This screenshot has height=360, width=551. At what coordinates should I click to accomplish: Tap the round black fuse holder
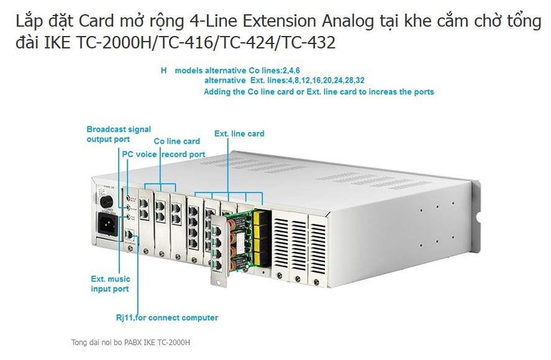click(x=104, y=201)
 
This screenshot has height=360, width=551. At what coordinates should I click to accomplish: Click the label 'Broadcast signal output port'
click(x=119, y=134)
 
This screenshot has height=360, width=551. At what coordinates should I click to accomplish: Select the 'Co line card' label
click(x=176, y=142)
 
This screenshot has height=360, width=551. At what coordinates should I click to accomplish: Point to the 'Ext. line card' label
click(x=239, y=133)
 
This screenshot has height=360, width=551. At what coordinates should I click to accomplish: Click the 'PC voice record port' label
click(x=163, y=154)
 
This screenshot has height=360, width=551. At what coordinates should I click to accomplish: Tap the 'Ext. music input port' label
click(x=109, y=284)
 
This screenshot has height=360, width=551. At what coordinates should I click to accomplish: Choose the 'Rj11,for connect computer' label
click(x=168, y=318)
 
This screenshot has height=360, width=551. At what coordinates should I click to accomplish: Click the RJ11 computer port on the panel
click(x=128, y=235)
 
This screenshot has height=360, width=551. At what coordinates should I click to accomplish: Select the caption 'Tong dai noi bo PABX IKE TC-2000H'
click(x=130, y=342)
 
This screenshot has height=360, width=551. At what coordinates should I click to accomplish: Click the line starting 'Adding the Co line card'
click(x=319, y=91)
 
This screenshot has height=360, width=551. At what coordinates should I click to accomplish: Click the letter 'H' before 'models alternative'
click(x=164, y=71)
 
